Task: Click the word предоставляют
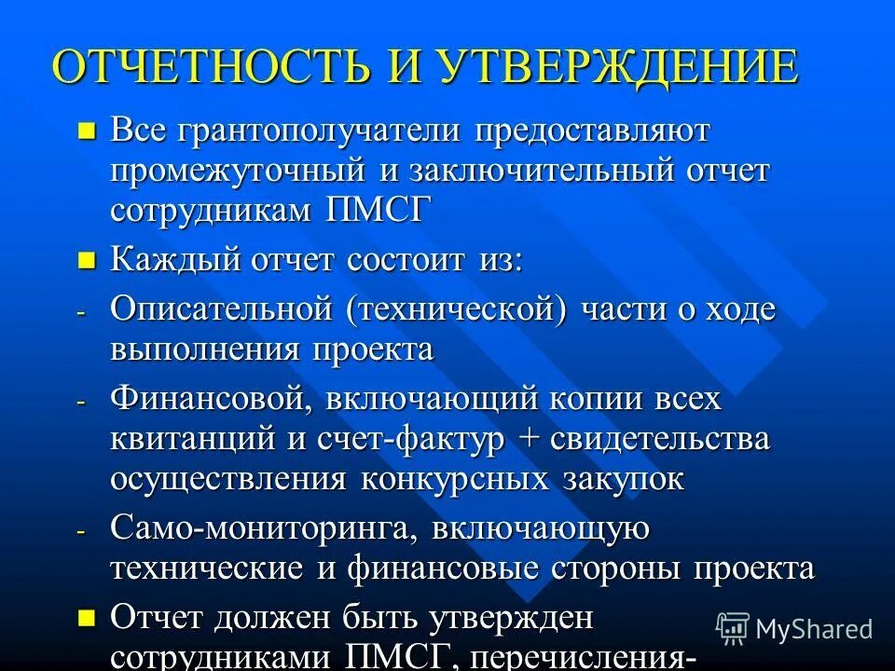pos(593,130)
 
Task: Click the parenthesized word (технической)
pos(458,310)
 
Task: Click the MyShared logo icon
pos(733,628)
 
